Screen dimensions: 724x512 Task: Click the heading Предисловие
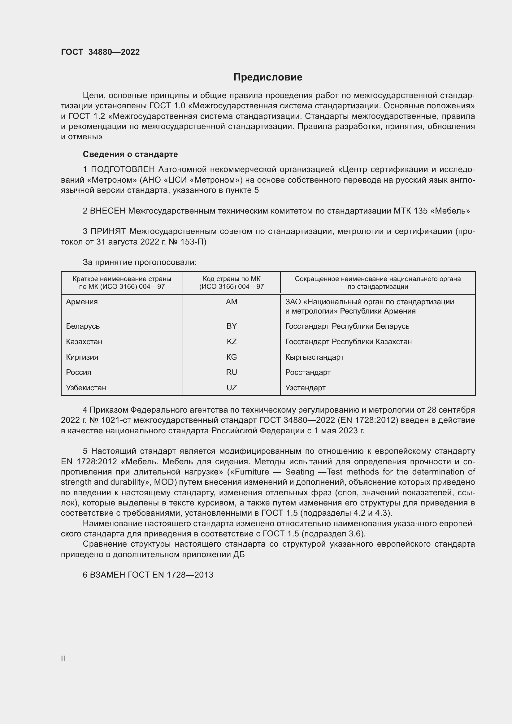click(x=268, y=77)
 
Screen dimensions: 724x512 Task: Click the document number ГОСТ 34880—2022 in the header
click(x=100, y=52)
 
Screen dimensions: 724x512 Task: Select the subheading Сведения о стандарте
click(x=130, y=154)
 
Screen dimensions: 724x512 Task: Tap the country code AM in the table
click(x=232, y=302)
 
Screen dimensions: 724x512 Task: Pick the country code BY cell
click(x=232, y=326)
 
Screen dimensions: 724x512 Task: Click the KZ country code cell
click(x=232, y=341)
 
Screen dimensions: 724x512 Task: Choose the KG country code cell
click(x=232, y=357)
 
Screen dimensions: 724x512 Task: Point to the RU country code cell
click(x=232, y=372)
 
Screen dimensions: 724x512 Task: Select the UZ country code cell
click(x=232, y=388)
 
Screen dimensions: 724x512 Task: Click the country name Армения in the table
click(x=82, y=302)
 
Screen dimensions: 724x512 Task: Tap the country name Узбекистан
click(x=86, y=388)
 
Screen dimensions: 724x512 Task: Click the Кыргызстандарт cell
click(x=314, y=357)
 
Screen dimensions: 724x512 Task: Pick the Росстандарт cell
click(x=308, y=372)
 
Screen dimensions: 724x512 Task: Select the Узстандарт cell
click(x=305, y=388)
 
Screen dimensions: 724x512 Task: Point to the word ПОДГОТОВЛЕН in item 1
click(x=123, y=170)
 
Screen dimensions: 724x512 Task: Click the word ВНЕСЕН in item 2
click(x=108, y=211)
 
